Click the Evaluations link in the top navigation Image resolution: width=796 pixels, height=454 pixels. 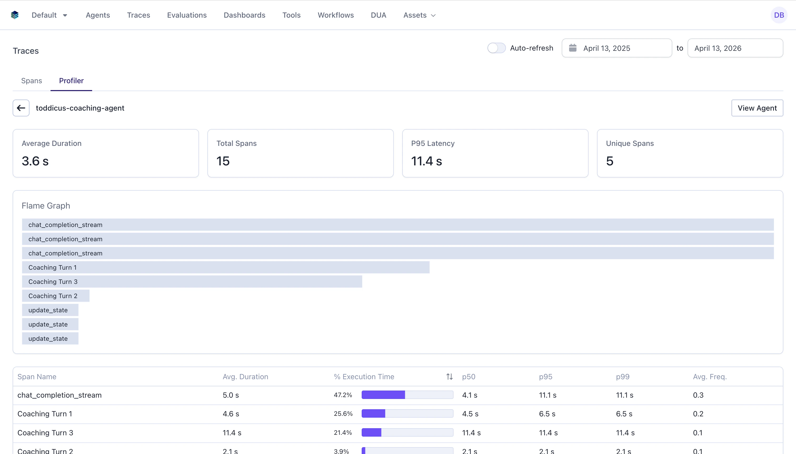[187, 15]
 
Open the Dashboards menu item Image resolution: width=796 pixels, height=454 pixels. [244, 15]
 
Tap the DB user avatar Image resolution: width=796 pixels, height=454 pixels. [779, 15]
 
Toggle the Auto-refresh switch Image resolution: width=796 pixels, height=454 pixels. [496, 48]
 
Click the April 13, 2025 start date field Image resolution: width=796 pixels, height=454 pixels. [616, 48]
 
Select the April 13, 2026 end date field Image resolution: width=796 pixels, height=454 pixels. [735, 48]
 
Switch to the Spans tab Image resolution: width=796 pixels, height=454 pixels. [32, 81]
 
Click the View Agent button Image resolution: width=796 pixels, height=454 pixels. [757, 108]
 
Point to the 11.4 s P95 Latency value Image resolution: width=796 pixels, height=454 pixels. [426, 161]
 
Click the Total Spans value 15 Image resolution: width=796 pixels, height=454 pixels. [223, 161]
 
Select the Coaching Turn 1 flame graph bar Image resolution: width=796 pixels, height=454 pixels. [225, 268]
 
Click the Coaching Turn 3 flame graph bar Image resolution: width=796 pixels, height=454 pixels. [192, 282]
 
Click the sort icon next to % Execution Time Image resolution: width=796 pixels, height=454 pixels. [449, 377]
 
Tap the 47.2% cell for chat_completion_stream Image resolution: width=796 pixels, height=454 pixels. [343, 395]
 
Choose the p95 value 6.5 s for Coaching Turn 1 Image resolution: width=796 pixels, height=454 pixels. [547, 414]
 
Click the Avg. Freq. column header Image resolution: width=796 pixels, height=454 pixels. [710, 377]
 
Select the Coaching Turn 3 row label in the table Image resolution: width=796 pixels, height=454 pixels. [45, 432]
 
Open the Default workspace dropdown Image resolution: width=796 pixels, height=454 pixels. [49, 15]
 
